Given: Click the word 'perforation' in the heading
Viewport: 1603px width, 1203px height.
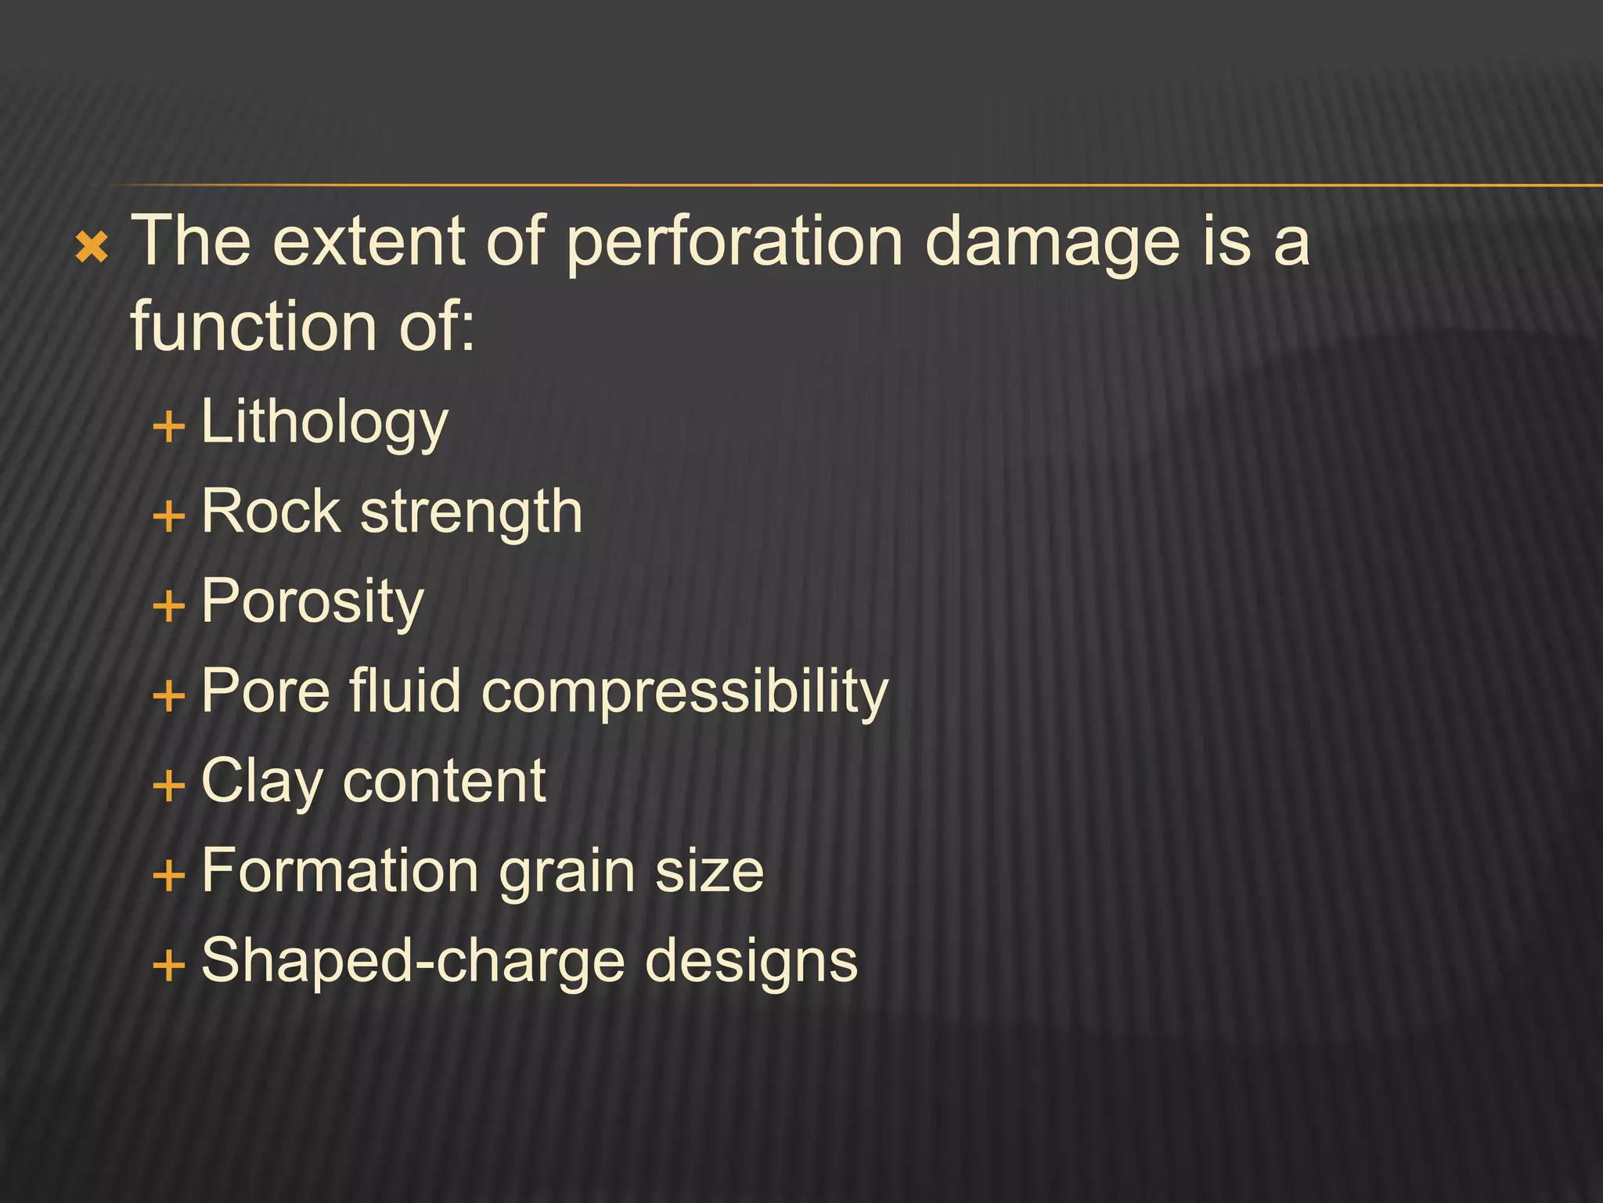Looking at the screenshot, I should click(734, 243).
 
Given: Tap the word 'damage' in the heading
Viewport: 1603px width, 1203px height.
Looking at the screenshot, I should click(1051, 243).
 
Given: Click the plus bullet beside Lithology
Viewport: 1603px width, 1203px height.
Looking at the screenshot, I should click(169, 428).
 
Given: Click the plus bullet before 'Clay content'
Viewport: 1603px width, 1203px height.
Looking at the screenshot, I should click(169, 786).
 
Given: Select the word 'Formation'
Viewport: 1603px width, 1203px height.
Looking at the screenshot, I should click(340, 870).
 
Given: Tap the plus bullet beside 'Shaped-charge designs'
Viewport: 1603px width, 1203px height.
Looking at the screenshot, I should click(169, 965).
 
